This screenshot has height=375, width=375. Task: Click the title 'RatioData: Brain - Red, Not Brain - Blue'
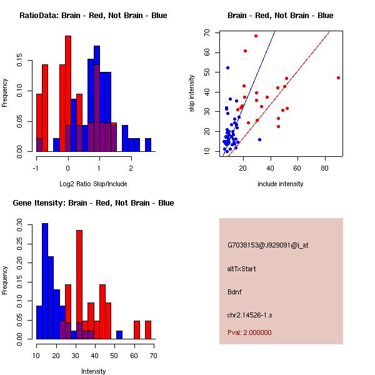click(93, 15)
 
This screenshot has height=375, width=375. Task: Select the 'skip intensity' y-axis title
click(192, 94)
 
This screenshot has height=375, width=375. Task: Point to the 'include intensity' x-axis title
click(281, 184)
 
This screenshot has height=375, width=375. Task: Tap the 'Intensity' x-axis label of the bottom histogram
click(94, 371)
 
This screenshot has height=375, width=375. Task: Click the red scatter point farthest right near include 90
click(338, 77)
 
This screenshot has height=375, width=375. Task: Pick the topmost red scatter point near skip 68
click(256, 36)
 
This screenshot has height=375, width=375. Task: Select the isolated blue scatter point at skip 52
click(227, 67)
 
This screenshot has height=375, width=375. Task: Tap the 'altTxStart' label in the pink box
click(242, 269)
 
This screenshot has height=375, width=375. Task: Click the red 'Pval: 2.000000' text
click(249, 332)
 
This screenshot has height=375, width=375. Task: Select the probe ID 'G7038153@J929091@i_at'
click(268, 245)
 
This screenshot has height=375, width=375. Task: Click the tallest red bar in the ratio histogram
click(68, 94)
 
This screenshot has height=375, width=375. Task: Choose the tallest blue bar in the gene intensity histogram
click(45, 281)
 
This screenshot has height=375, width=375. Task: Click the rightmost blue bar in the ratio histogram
click(148, 145)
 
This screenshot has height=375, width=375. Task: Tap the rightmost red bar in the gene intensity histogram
click(148, 330)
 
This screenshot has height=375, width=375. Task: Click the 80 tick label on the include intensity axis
click(325, 167)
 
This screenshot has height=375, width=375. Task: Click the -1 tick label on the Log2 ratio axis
click(36, 167)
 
